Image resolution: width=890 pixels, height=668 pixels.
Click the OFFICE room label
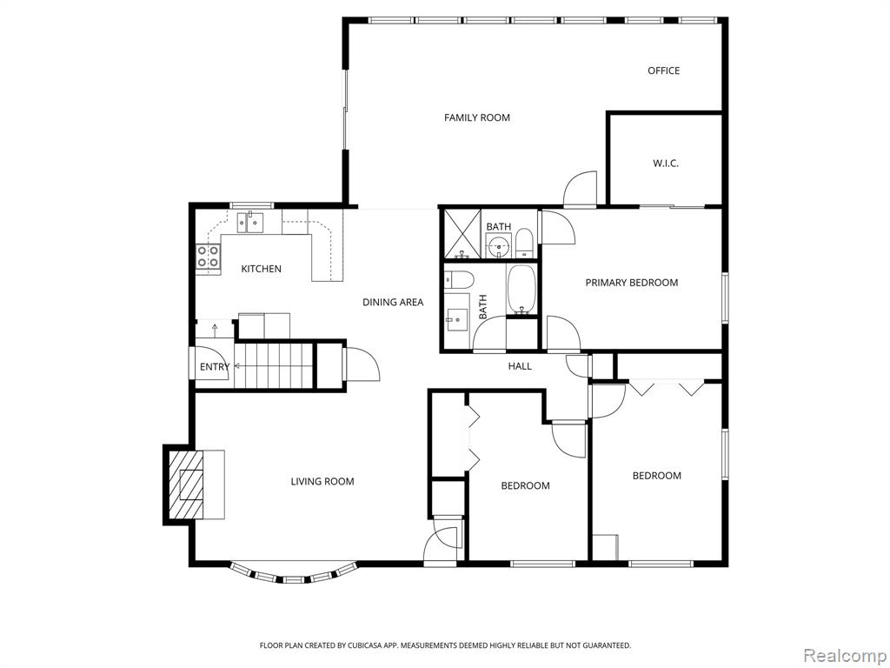pyautogui.click(x=663, y=70)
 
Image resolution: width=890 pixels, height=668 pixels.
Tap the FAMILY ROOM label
pyautogui.click(x=477, y=117)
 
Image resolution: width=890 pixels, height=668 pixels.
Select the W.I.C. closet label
pyautogui.click(x=665, y=164)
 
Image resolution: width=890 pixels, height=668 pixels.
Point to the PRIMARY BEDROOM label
pyautogui.click(x=632, y=283)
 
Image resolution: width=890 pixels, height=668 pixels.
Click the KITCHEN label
pyautogui.click(x=261, y=269)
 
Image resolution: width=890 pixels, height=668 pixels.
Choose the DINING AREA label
pyautogui.click(x=393, y=302)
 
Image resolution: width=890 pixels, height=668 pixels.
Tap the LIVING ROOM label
pyautogui.click(x=322, y=482)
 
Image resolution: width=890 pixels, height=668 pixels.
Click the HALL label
pyautogui.click(x=520, y=366)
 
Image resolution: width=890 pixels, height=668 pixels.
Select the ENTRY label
pyautogui.click(x=215, y=367)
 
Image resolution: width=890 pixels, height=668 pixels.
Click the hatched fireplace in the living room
pyautogui.click(x=185, y=484)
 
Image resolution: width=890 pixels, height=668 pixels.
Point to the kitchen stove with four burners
pyautogui.click(x=209, y=257)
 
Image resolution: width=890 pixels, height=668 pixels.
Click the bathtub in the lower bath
pyautogui.click(x=521, y=289)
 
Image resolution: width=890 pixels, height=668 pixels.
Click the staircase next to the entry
pyautogui.click(x=274, y=366)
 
